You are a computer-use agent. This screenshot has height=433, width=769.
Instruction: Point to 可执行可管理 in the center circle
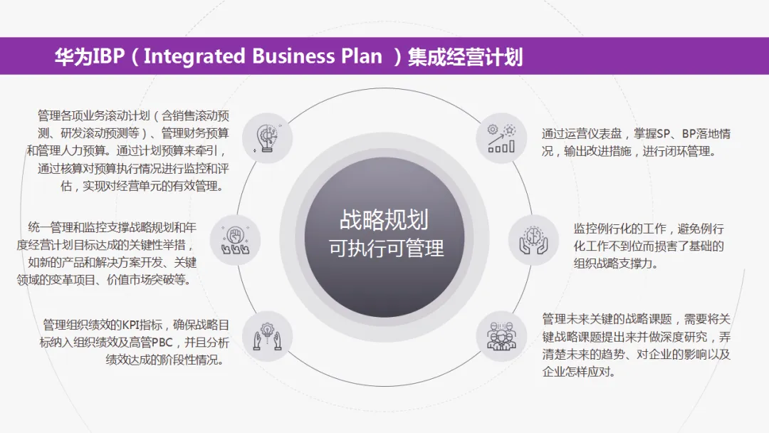385,248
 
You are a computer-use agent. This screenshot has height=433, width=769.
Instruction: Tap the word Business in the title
300,56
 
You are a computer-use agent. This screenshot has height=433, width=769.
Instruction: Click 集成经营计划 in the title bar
466,56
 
